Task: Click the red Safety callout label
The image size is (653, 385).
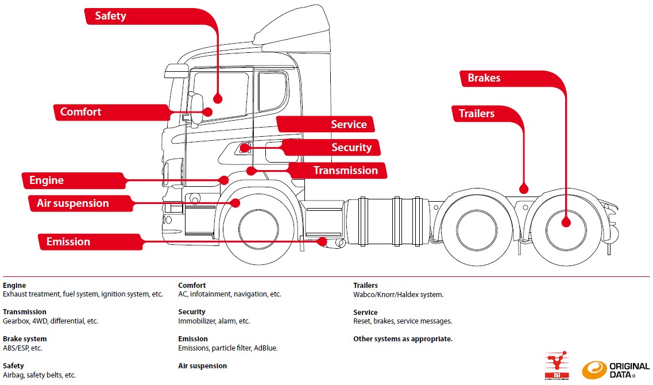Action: [110, 16]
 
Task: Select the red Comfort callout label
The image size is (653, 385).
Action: [80, 112]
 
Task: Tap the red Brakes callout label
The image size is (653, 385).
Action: [484, 78]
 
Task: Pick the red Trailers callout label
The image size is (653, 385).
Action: [476, 114]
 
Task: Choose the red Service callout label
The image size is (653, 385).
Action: [349, 125]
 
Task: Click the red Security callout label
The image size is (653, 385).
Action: [351, 148]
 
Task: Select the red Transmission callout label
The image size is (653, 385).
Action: [345, 170]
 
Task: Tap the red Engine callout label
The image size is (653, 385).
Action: [47, 180]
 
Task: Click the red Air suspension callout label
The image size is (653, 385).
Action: [72, 203]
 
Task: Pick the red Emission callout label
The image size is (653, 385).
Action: [68, 242]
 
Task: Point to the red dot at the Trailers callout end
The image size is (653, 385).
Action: [523, 188]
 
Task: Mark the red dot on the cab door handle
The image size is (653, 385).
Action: [244, 148]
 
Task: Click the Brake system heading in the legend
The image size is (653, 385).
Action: [25, 339]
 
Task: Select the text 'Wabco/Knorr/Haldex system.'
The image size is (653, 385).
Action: [398, 295]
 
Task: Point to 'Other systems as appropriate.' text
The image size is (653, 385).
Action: [403, 339]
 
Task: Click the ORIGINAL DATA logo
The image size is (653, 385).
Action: [616, 369]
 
